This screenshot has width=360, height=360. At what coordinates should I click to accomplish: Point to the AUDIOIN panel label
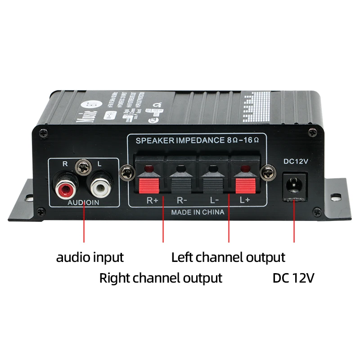click(x=83, y=203)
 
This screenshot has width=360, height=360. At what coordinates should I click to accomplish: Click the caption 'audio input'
click(x=90, y=257)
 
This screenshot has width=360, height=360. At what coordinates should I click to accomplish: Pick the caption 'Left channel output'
click(x=228, y=257)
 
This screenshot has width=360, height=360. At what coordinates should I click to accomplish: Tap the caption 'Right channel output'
click(x=161, y=278)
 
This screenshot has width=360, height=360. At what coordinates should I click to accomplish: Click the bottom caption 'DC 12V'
click(x=293, y=278)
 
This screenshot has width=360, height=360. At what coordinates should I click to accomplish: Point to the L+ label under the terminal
click(x=244, y=201)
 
